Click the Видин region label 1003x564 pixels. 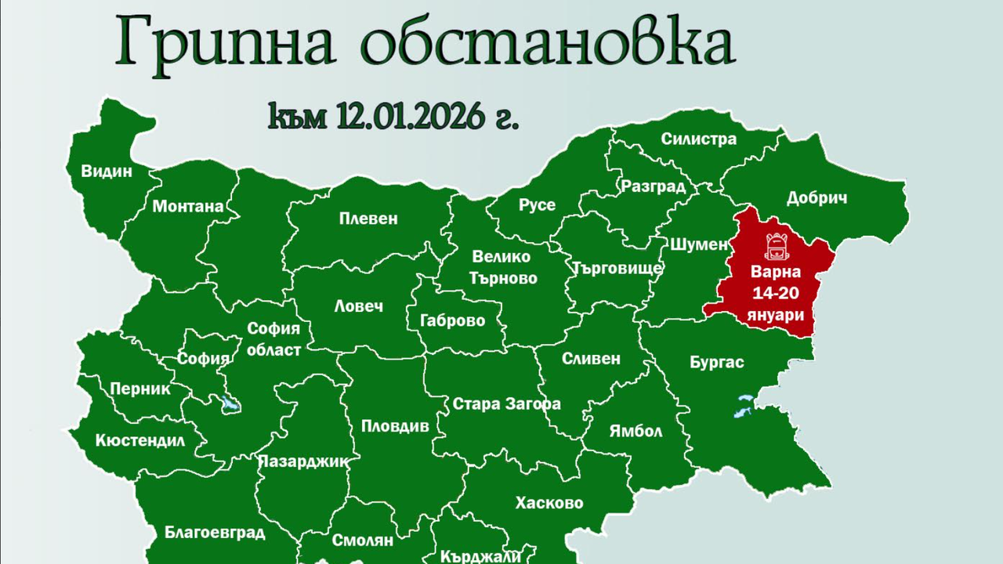tap(107, 171)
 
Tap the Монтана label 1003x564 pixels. tap(188, 207)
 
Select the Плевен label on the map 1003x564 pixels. tap(368, 219)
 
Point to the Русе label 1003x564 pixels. tap(537, 204)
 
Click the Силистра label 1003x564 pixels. tap(698, 139)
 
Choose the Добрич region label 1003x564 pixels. tap(817, 198)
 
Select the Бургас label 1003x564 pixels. tap(717, 363)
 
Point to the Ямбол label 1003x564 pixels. tap(635, 431)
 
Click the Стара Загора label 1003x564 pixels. tap(507, 404)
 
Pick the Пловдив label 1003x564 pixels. tap(395, 426)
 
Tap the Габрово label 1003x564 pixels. tap(452, 320)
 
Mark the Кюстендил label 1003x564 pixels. tap(140, 440)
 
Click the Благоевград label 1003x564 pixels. tap(215, 533)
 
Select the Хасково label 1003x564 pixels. tap(549, 503)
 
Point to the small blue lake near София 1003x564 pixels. tap(230, 404)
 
